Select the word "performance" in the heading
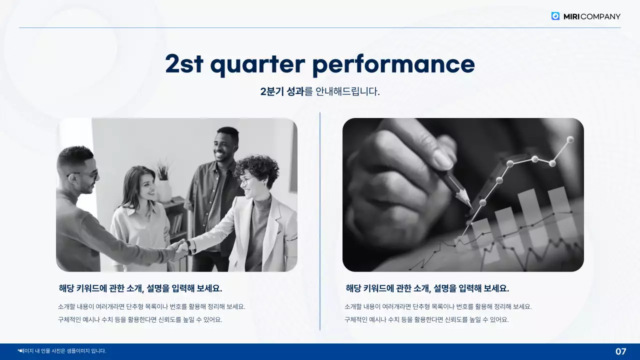[x=393, y=64]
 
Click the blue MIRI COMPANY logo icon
[x=555, y=16]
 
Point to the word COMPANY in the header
[x=600, y=16]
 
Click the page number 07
[x=620, y=351]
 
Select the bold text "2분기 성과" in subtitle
[x=282, y=91]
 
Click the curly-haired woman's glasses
[x=246, y=180]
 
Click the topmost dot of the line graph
[x=570, y=139]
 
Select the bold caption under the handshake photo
[x=140, y=288]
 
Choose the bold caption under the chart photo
[x=427, y=288]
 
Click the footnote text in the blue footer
[x=62, y=351]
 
